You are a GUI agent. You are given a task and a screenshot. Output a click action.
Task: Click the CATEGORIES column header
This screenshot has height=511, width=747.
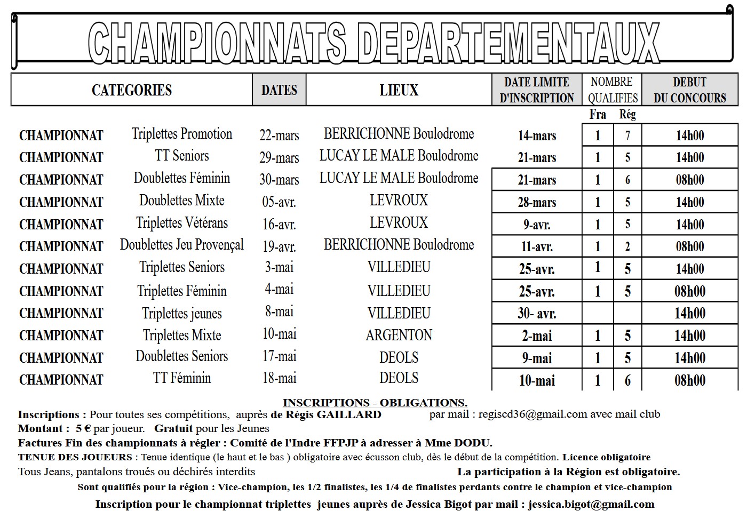tap(132, 90)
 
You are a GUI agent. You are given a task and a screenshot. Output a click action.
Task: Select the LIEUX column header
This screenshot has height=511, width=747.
tap(399, 90)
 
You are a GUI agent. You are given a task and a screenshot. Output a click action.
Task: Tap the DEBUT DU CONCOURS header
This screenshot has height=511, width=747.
tap(689, 90)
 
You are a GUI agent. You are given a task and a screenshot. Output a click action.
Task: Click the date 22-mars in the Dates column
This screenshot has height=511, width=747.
tap(279, 135)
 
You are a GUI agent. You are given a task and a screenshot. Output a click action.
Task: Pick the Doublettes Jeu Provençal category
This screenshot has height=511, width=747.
tap(181, 245)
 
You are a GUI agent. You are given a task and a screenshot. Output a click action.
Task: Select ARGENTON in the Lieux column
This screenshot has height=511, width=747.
tap(399, 335)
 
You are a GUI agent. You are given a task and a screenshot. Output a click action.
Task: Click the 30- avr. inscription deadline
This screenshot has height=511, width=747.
tap(537, 314)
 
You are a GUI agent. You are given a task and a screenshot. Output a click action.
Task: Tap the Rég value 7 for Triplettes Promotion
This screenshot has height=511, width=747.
tap(627, 136)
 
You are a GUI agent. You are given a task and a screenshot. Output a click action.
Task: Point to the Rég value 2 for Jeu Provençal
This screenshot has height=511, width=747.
tap(627, 247)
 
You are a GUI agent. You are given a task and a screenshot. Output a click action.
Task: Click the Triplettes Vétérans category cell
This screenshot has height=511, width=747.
tap(181, 222)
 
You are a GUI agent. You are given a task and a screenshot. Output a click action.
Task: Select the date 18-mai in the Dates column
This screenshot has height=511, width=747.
tap(279, 378)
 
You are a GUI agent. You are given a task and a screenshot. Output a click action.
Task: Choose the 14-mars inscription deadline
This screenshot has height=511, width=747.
tap(537, 136)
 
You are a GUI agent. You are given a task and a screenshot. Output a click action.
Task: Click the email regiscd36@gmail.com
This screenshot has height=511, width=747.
tap(532, 414)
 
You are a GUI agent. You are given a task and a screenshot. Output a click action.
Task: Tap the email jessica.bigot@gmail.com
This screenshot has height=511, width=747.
tap(591, 504)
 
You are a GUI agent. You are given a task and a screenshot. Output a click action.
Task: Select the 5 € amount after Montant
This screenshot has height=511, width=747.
tap(83, 428)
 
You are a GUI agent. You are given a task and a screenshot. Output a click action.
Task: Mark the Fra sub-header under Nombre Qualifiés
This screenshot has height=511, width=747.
tap(598, 114)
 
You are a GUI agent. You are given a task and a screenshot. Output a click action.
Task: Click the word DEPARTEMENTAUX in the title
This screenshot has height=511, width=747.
tap(507, 44)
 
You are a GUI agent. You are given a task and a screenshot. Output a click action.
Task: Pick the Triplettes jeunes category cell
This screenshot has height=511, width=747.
tap(181, 314)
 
